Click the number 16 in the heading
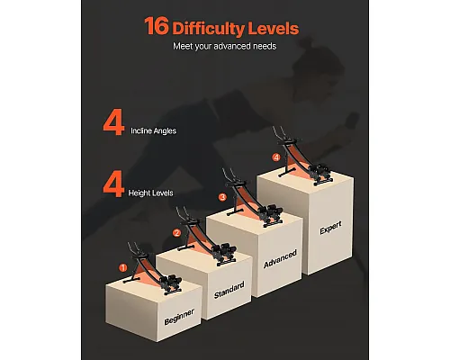pyautogui.click(x=157, y=26)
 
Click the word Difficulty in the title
pyautogui.click(x=209, y=29)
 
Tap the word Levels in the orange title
pyautogui.click(x=274, y=28)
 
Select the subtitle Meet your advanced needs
pyautogui.click(x=224, y=46)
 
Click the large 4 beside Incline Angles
pyautogui.click(x=113, y=122)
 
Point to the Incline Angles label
pyautogui.click(x=153, y=130)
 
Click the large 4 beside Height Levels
pyautogui.click(x=113, y=184)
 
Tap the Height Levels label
pyautogui.click(x=150, y=193)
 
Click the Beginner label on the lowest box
pyautogui.click(x=179, y=317)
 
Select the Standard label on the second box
pyautogui.click(x=229, y=290)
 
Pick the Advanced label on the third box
pyautogui.click(x=280, y=258)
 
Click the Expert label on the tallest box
pyautogui.click(x=330, y=228)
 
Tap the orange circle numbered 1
pyautogui.click(x=122, y=268)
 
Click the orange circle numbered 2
pyautogui.click(x=177, y=233)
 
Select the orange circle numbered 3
pyautogui.click(x=222, y=197)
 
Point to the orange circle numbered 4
pyautogui.click(x=276, y=157)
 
